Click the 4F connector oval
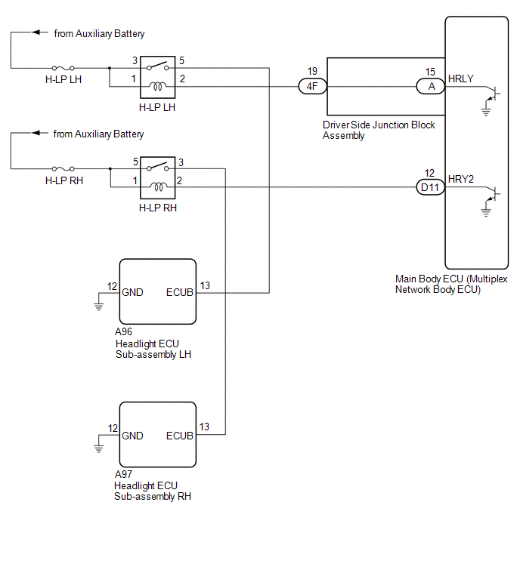tap(313, 87)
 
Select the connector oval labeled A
tap(431, 87)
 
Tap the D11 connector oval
tap(431, 187)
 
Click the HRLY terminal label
tap(461, 79)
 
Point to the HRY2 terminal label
tap(461, 179)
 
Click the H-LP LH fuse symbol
tap(63, 68)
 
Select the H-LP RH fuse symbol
tap(63, 168)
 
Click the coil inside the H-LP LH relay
tap(158, 87)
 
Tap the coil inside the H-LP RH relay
tap(159, 187)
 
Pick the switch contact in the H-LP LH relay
tap(158, 66)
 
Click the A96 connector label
tap(123, 331)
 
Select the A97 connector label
tap(123, 474)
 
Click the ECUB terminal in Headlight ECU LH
tap(179, 293)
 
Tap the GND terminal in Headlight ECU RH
tap(132, 436)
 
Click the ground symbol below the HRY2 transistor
tap(486, 213)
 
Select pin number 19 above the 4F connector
tap(312, 71)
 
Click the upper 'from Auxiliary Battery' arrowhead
tap(36, 32)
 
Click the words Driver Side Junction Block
tap(379, 125)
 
